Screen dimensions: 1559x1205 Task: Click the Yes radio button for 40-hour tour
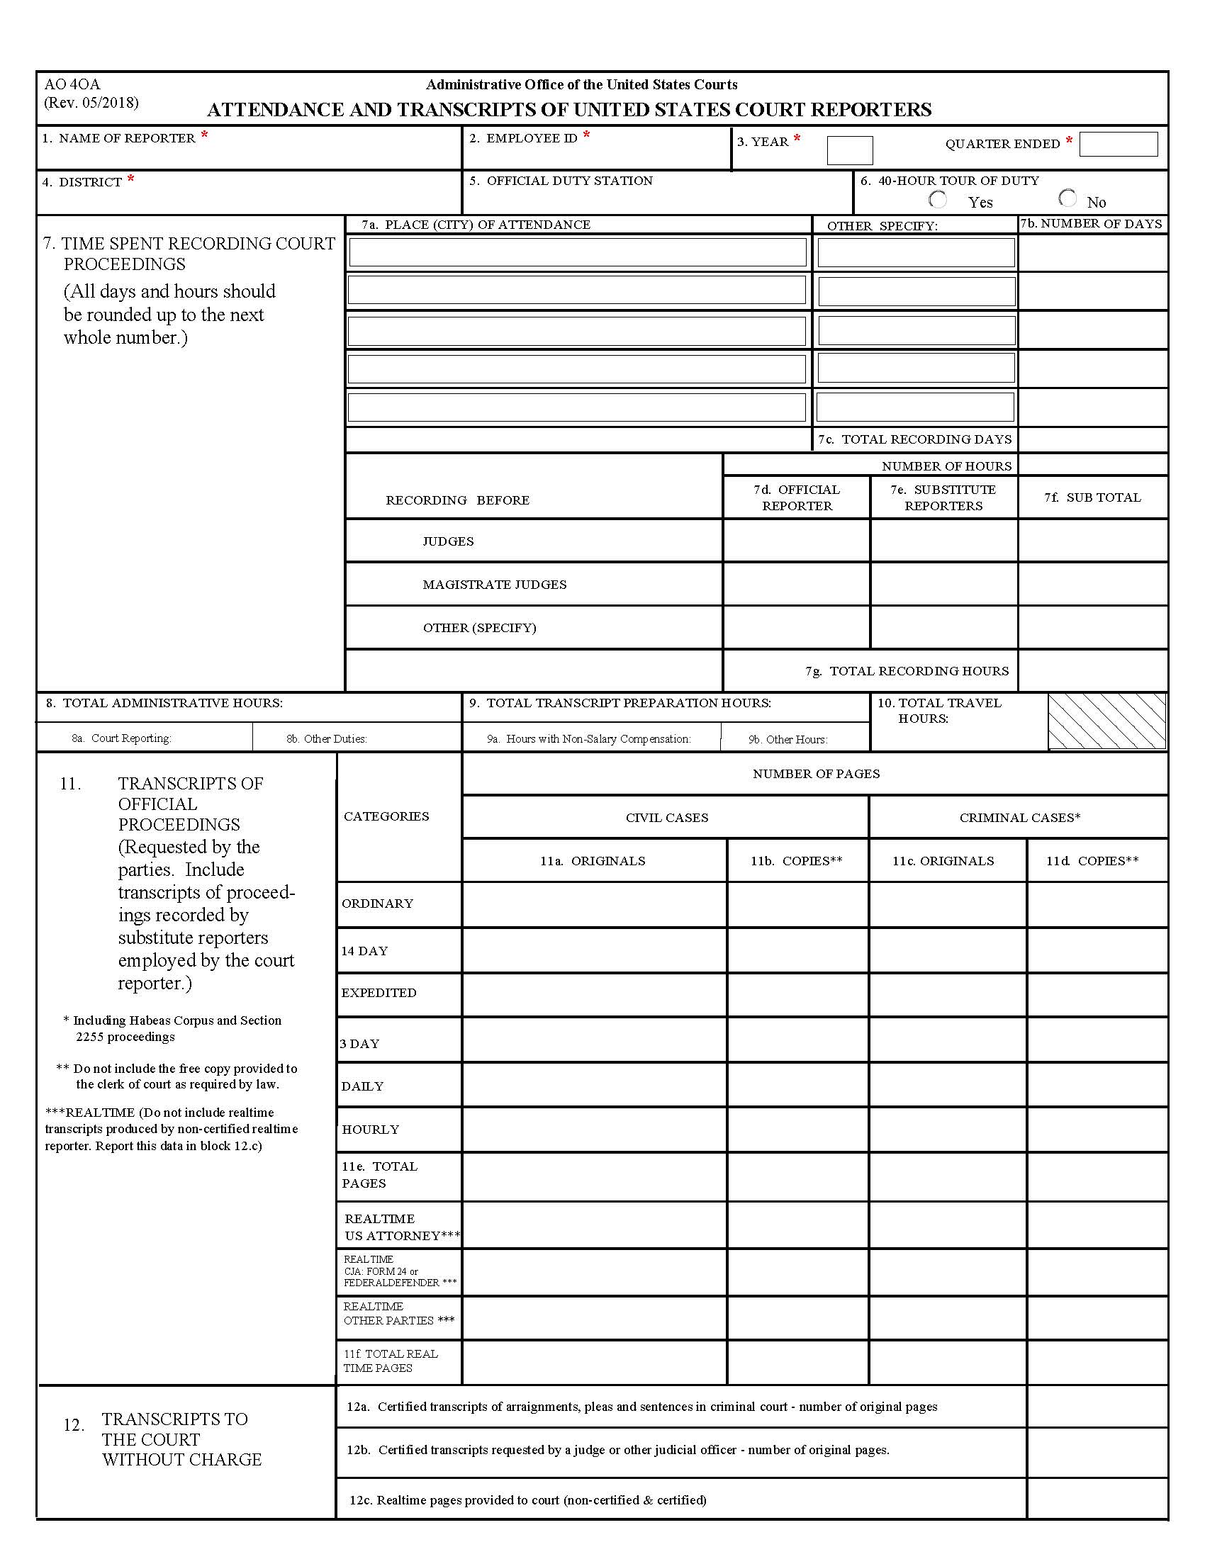(938, 200)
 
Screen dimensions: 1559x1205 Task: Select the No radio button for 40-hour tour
(1067, 198)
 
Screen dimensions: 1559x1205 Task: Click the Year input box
(849, 150)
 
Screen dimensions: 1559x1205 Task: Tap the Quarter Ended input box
(1118, 144)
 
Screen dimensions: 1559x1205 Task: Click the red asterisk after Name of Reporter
(204, 135)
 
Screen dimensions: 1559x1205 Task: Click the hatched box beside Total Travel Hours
(1107, 721)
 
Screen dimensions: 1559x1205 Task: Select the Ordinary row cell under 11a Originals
(594, 904)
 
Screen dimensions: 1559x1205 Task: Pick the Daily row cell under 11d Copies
(1097, 1085)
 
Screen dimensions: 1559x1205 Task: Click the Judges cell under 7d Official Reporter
(796, 541)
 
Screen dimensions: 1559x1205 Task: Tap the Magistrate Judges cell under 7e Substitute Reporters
(943, 584)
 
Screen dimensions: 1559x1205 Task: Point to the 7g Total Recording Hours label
(907, 671)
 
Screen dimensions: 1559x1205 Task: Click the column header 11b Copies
(797, 861)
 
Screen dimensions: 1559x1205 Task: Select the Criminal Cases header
(1019, 818)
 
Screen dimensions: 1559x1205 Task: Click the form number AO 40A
(72, 85)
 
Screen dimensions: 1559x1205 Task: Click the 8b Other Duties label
(326, 739)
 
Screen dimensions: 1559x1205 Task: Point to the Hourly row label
(370, 1130)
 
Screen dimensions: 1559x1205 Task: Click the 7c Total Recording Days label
(914, 440)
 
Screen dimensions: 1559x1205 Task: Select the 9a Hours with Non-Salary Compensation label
(588, 739)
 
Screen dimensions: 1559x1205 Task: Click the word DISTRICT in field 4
(90, 183)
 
